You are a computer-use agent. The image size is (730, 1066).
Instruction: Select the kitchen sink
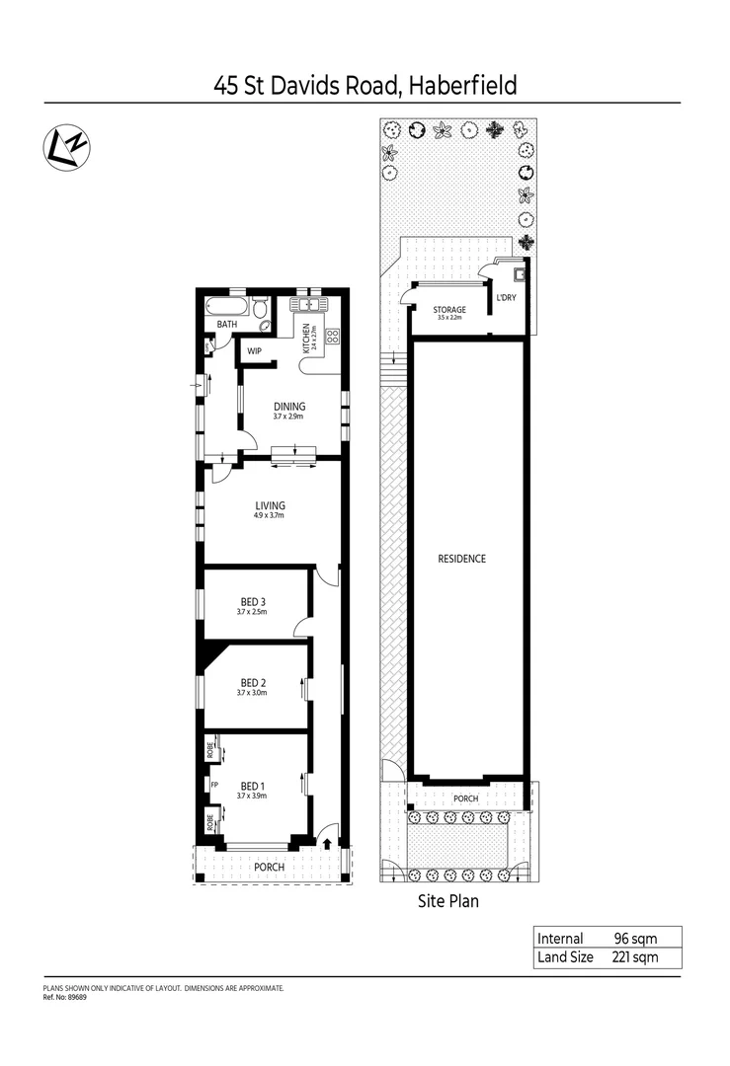(308, 304)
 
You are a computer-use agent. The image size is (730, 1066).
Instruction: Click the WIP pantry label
(254, 350)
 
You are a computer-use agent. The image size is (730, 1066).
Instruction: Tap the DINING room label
(289, 406)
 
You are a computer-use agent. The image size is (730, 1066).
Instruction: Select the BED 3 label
(254, 601)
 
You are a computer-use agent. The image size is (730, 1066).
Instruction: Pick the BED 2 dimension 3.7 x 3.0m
(252, 693)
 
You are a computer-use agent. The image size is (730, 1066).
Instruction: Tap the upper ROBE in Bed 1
(211, 749)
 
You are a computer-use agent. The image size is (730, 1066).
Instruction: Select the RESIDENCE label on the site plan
(461, 559)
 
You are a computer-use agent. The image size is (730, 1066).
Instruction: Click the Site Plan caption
(446, 901)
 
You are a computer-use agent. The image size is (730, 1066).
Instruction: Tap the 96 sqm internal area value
(634, 938)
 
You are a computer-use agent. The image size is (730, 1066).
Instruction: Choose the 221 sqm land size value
(634, 957)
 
